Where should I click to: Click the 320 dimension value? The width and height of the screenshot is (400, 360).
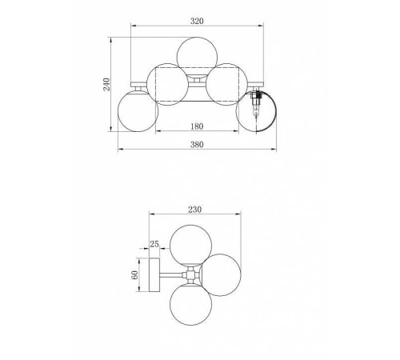pyautogui.click(x=197, y=21)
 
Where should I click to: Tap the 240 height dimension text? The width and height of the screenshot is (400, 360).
pyautogui.click(x=106, y=84)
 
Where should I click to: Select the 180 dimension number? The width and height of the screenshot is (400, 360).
pyautogui.click(x=197, y=126)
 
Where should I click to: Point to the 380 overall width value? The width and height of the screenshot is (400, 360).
pyautogui.click(x=197, y=145)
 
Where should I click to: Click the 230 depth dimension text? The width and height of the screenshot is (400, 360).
pyautogui.click(x=195, y=210)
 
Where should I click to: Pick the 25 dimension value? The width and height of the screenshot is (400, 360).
pyautogui.click(x=154, y=244)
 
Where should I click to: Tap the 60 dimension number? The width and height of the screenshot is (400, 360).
pyautogui.click(x=135, y=275)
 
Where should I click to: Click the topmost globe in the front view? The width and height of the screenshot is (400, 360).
pyautogui.click(x=197, y=57)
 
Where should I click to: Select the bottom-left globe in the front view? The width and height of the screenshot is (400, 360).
pyautogui.click(x=138, y=111)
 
